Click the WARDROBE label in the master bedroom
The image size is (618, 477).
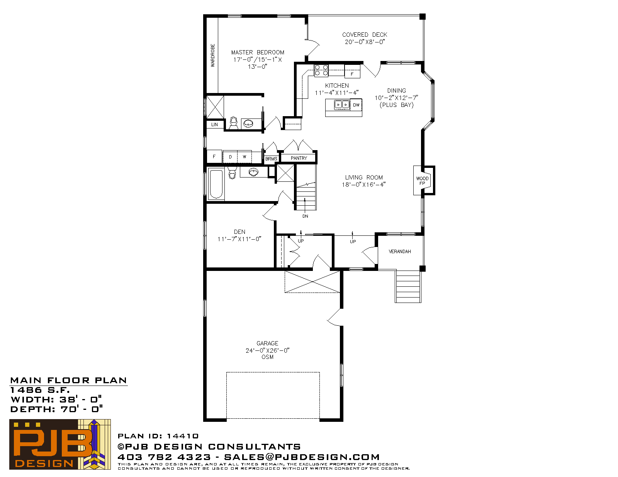[213, 56]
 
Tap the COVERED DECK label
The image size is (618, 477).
[365, 35]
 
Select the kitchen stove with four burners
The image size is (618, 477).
[321, 71]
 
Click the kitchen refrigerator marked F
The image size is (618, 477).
[352, 71]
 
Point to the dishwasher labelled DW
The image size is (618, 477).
[356, 105]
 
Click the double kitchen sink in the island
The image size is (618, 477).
[342, 105]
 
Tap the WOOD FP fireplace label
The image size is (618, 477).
[422, 181]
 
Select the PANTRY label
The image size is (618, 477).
[299, 158]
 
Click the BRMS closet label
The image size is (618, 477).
[271, 159]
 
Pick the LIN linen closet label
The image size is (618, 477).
[214, 124]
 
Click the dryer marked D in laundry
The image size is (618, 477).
[230, 157]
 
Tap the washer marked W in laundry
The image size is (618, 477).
[244, 157]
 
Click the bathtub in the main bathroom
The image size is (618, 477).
[216, 184]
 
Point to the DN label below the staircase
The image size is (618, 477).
[305, 216]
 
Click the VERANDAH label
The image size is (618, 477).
[400, 251]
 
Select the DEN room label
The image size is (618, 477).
[239, 232]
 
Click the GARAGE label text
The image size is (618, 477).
[267, 343]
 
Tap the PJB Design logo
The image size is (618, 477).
[60, 444]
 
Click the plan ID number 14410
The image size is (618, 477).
[183, 436]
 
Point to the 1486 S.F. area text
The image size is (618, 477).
[40, 390]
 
